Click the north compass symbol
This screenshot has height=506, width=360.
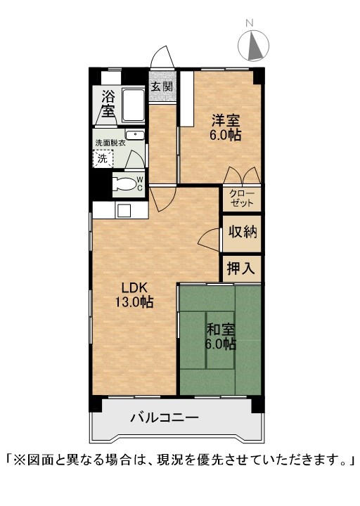[253, 45]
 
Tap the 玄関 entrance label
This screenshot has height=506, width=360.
[162, 86]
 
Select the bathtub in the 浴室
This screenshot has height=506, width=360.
[133, 105]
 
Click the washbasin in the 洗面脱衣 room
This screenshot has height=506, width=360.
[134, 135]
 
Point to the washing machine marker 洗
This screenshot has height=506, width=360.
[103, 158]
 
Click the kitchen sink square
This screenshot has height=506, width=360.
[124, 210]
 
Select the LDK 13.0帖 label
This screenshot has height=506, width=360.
[134, 294]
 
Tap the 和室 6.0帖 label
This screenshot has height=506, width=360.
[221, 337]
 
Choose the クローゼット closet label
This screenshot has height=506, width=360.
[242, 198]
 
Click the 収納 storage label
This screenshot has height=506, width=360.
[243, 232]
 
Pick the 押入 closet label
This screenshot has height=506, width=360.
[242, 268]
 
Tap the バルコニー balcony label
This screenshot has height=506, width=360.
[165, 418]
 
